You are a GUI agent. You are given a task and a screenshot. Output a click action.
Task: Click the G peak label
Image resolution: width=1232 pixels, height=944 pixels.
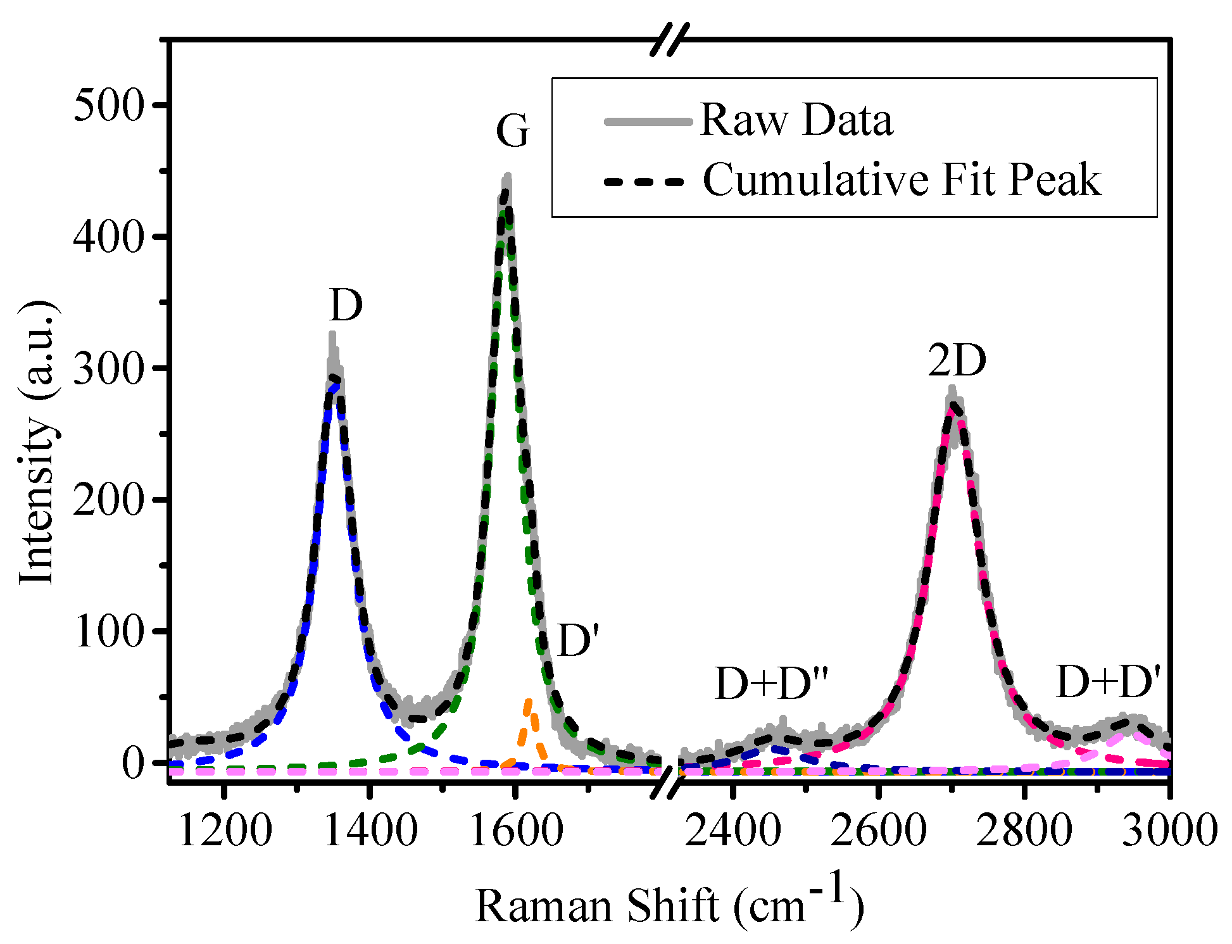pyautogui.click(x=512, y=132)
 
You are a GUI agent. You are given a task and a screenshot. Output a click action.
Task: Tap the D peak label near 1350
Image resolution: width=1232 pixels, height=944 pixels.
pyautogui.click(x=346, y=306)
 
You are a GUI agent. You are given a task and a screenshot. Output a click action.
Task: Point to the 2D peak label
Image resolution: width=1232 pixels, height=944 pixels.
pyautogui.click(x=957, y=362)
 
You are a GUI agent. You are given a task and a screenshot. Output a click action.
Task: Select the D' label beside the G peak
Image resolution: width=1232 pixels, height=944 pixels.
pyautogui.click(x=578, y=641)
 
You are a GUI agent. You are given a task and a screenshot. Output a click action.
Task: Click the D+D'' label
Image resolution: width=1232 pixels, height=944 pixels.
pyautogui.click(x=771, y=684)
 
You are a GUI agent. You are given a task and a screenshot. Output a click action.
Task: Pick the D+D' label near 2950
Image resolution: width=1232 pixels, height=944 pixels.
pyautogui.click(x=1109, y=683)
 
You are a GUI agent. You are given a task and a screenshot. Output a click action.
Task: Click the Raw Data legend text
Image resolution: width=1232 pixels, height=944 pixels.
pyautogui.click(x=796, y=120)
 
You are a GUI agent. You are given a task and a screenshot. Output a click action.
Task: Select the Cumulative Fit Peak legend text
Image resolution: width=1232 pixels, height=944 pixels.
pyautogui.click(x=902, y=180)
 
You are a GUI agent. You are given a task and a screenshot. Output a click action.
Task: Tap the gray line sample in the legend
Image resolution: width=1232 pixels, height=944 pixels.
pyautogui.click(x=647, y=122)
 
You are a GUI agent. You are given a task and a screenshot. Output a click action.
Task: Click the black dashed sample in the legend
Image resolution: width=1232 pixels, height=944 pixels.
pyautogui.click(x=644, y=182)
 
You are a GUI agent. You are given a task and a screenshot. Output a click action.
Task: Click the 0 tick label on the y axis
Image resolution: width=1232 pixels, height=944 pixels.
pyautogui.click(x=134, y=763)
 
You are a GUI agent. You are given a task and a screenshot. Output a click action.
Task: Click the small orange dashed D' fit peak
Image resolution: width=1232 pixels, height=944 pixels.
pyautogui.click(x=529, y=722)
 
